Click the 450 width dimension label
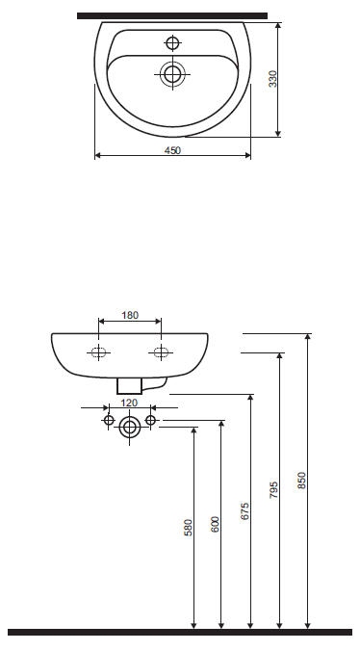coord(172,150)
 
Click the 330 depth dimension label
coord(273,79)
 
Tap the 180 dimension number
coord(130,315)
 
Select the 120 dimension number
coord(129,403)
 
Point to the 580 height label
coord(189,528)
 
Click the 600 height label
coord(215,525)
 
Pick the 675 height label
coord(244,511)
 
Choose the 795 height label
coord(273,490)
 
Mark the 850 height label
coord(301,481)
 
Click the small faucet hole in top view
coord(172,42)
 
